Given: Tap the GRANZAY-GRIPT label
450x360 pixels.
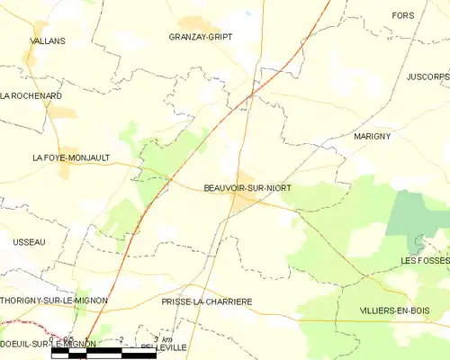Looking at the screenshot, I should pos(201,38).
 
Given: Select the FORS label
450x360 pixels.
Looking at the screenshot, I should pos(404,15).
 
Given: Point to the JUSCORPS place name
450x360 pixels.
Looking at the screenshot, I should pos(426,77).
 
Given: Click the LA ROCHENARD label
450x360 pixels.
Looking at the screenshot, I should pos(31,95).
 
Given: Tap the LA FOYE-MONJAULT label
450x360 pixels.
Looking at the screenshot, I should pos(71,157).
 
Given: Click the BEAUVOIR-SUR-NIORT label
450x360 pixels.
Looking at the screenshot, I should pos(247,187).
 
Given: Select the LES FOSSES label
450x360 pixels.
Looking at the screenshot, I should pos(425,260).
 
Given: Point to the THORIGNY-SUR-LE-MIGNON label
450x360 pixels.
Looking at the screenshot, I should pos(54,300).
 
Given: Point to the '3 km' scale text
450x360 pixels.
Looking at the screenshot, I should pos(161,340).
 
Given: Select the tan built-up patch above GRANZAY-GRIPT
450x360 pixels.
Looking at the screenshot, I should pos(193,23).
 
